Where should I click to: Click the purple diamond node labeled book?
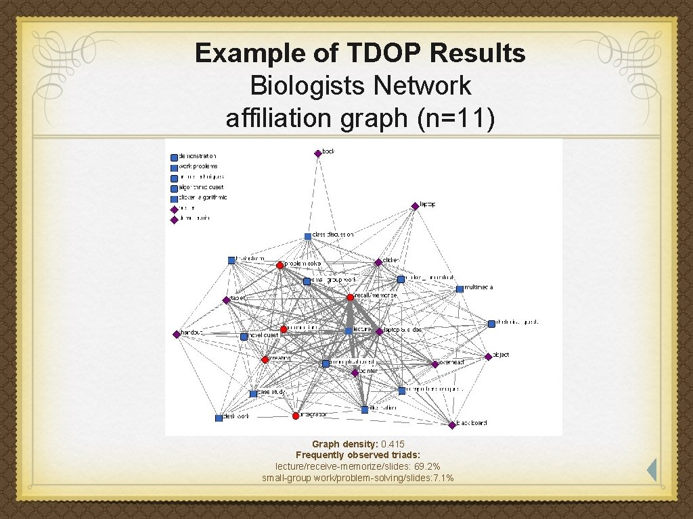click(317, 153)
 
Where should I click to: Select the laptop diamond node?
click(415, 205)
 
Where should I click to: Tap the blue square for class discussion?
click(307, 236)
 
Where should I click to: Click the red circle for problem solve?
click(280, 265)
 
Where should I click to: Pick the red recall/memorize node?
click(350, 297)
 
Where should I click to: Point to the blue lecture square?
click(349, 330)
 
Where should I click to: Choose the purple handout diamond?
click(177, 334)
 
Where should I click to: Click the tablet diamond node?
click(226, 300)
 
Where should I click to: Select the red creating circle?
click(265, 360)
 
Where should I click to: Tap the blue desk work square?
click(219, 418)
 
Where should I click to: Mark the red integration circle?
click(296, 416)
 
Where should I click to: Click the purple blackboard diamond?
click(452, 425)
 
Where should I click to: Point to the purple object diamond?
click(488, 356)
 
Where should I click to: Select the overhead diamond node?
click(435, 364)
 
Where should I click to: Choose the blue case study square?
click(253, 393)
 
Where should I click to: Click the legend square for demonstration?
click(174, 157)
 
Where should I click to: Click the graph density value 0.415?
click(393, 444)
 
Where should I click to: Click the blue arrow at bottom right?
click(652, 470)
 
